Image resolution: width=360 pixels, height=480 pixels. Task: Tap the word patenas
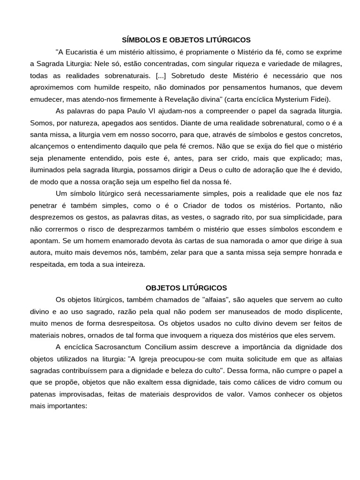(x=43, y=395)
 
